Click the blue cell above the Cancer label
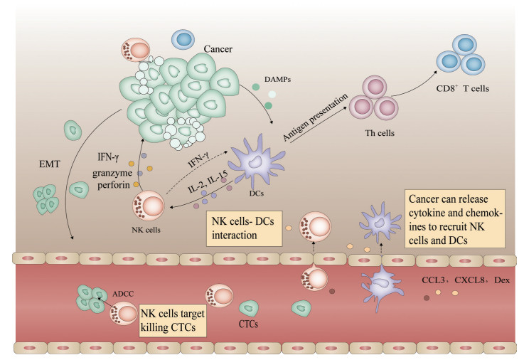183,40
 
